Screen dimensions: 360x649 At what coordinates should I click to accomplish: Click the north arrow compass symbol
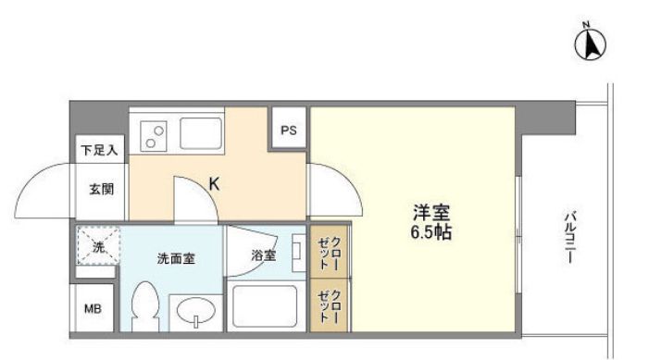(591, 43)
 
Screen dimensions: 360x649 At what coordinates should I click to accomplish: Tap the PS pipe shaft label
(289, 130)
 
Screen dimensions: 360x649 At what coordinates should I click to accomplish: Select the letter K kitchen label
(214, 184)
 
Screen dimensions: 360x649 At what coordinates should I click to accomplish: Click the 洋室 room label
(431, 213)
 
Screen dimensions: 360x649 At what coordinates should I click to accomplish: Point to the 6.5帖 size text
(431, 232)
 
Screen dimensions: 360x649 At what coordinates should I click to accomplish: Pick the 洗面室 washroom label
(175, 258)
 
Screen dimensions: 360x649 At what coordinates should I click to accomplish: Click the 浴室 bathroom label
(264, 255)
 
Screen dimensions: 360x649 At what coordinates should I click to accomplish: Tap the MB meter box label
(94, 309)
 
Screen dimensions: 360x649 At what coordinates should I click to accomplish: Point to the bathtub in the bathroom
(265, 306)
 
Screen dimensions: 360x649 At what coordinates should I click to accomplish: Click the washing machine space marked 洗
(96, 247)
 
